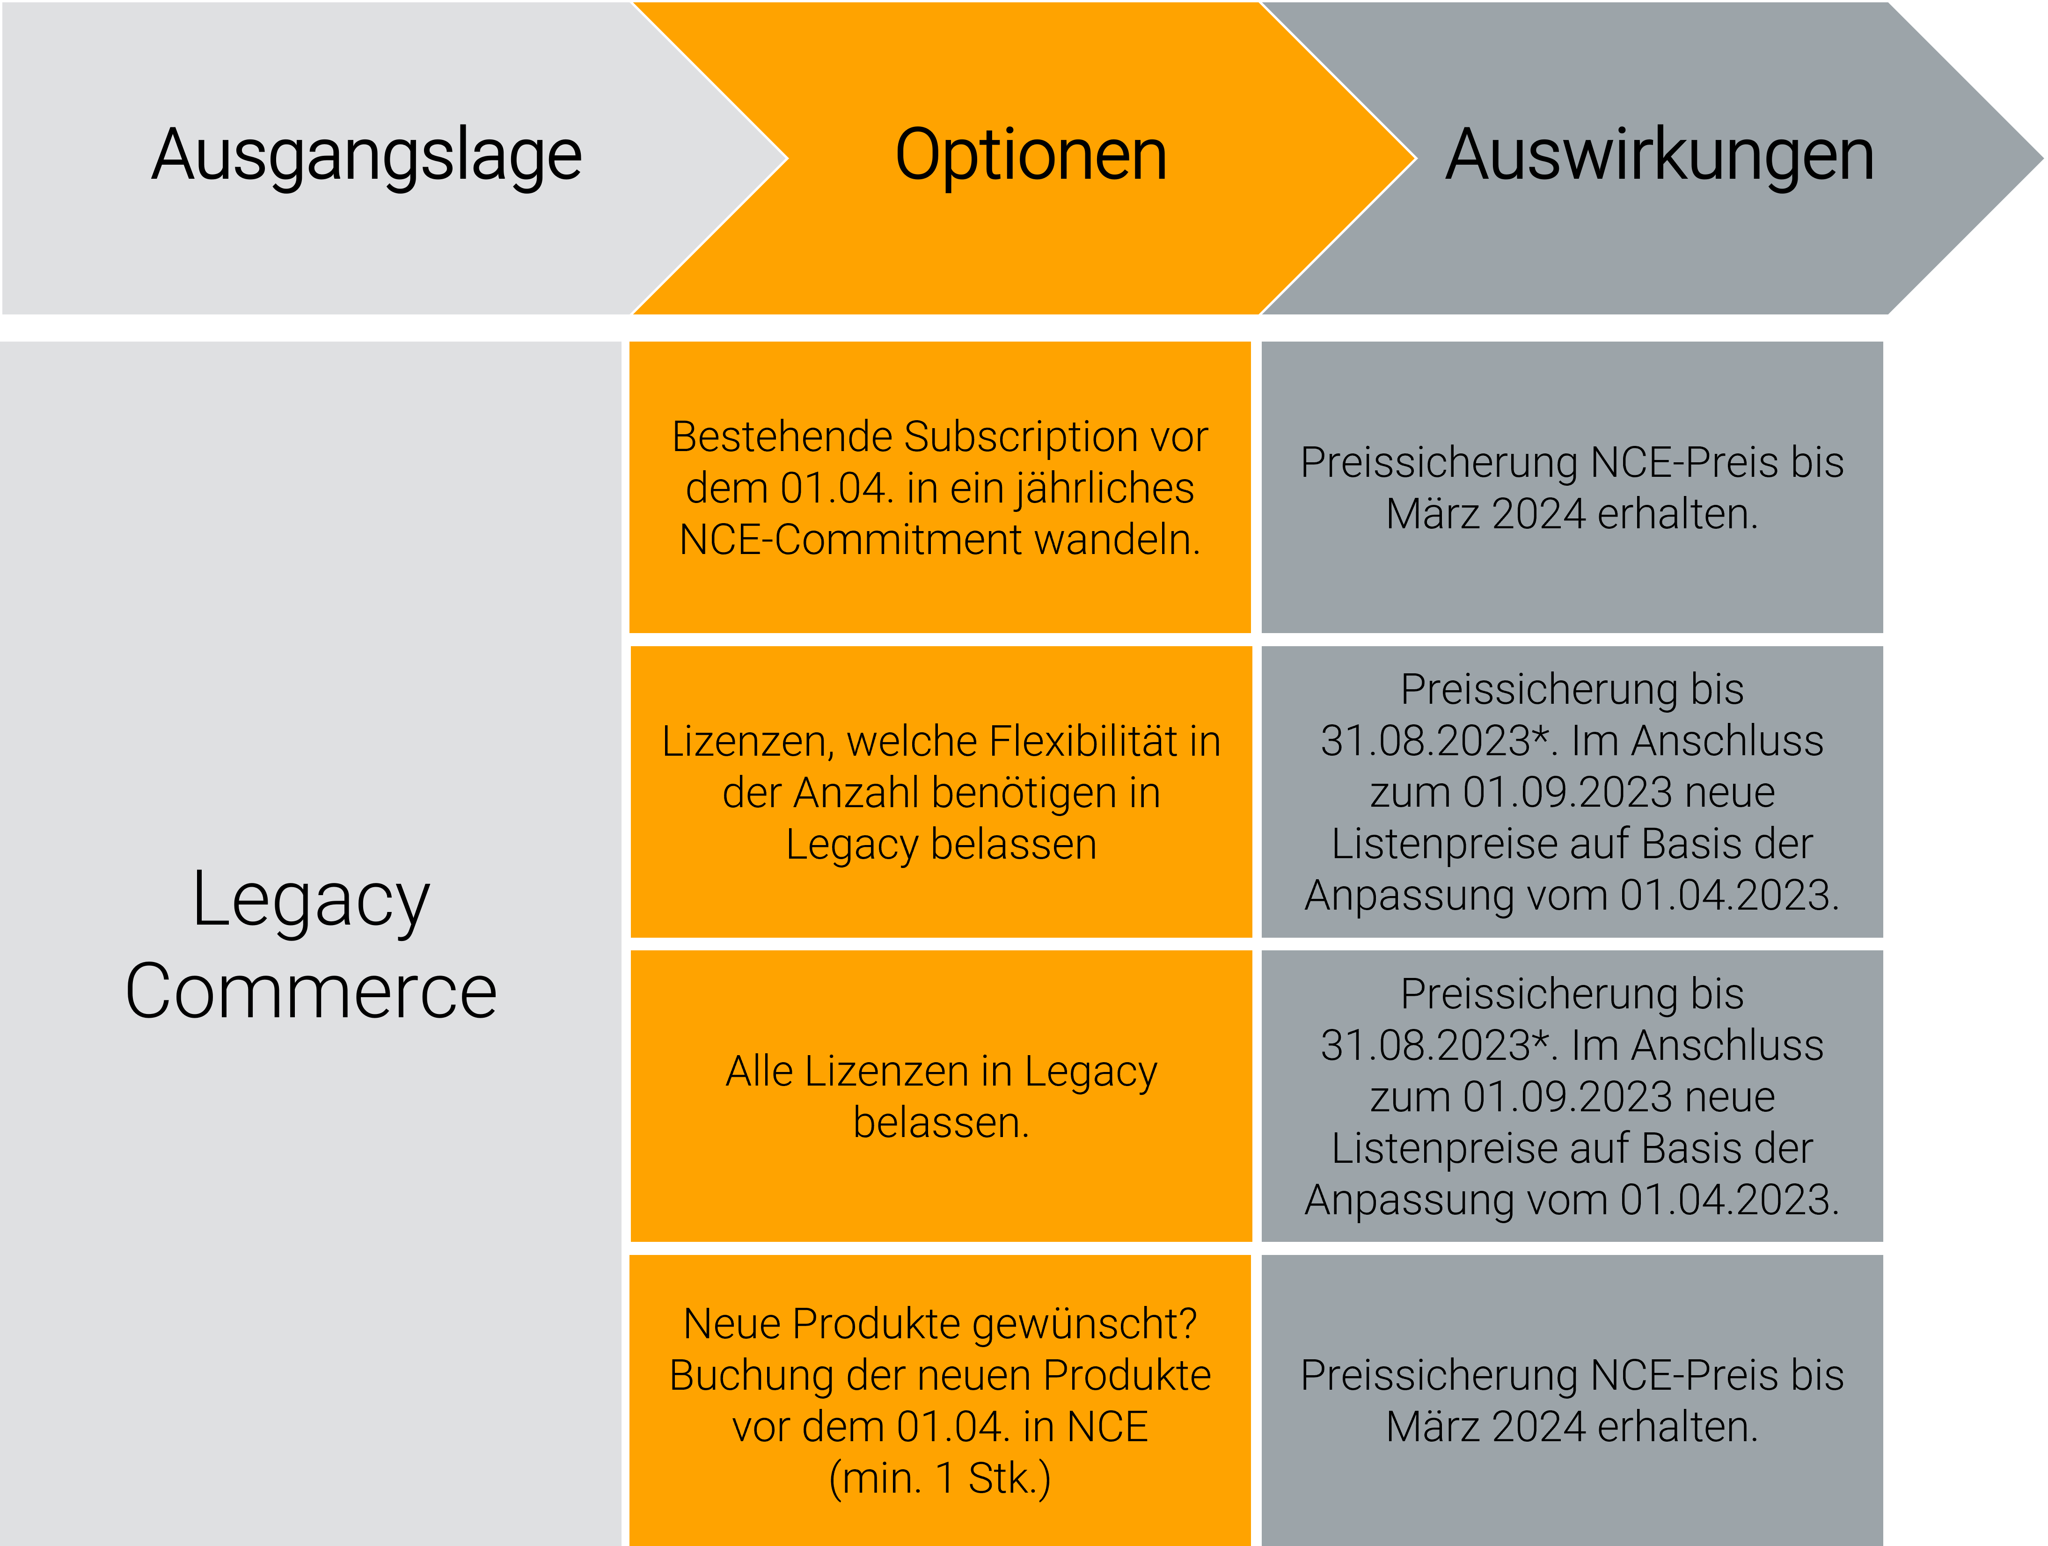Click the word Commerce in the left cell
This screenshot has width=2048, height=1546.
click(311, 992)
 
